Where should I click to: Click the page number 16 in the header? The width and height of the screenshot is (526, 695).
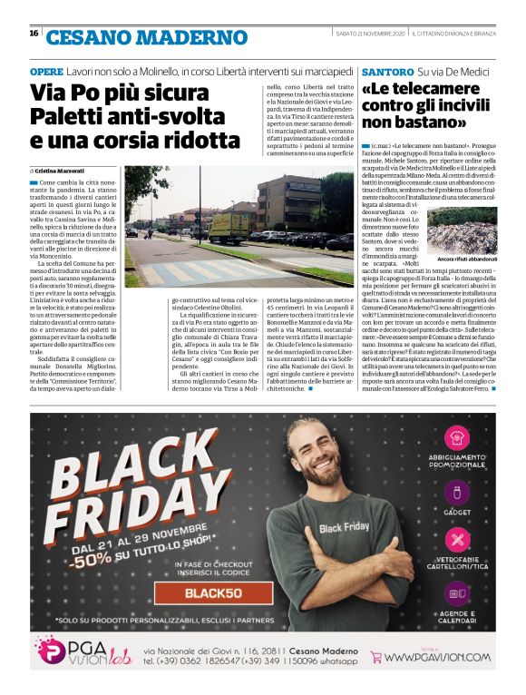pos(34,34)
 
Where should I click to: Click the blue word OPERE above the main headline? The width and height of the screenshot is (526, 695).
pos(46,70)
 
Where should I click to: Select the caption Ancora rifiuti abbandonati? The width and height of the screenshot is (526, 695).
pos(462,259)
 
